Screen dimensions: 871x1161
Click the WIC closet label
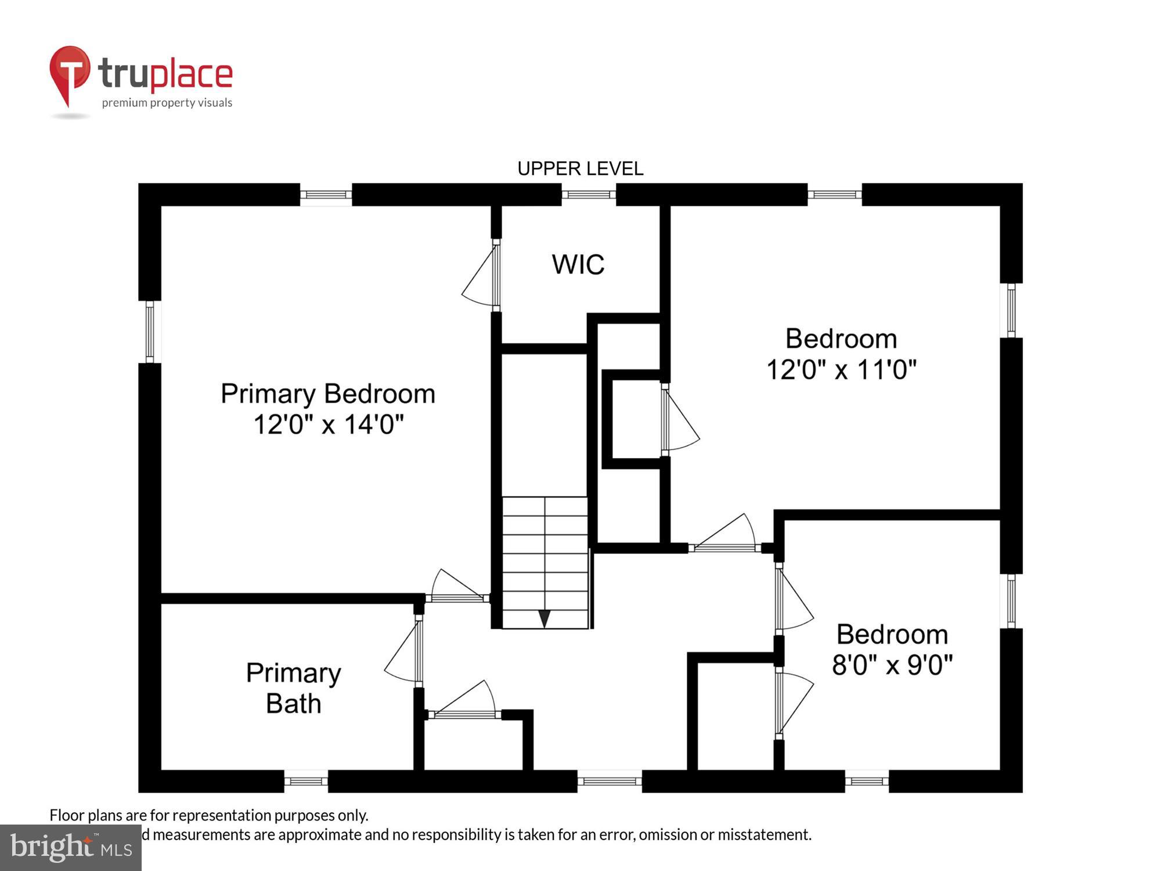tap(578, 265)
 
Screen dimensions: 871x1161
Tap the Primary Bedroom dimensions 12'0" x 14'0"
tap(328, 424)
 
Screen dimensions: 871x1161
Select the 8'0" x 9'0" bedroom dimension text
tap(892, 665)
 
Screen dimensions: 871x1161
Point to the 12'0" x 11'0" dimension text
tap(841, 369)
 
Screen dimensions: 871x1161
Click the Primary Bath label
tap(293, 688)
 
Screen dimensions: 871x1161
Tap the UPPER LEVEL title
tap(580, 169)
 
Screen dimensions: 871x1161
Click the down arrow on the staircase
tap(544, 618)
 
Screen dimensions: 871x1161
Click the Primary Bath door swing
tap(403, 653)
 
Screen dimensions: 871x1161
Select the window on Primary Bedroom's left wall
tap(150, 332)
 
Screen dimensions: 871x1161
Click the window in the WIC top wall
tap(588, 195)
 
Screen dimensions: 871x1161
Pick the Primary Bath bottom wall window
tap(306, 781)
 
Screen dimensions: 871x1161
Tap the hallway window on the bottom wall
tap(609, 781)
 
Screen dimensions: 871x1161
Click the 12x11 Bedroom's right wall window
tap(1011, 310)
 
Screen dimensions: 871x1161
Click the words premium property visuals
tap(167, 103)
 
